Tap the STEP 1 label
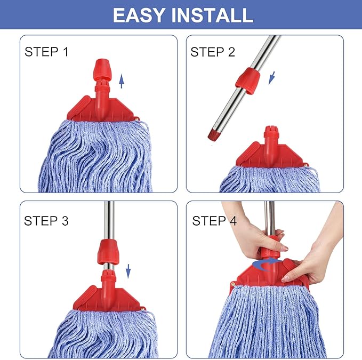coord(46,52)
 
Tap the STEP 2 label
coord(213,52)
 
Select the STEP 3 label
coord(46,221)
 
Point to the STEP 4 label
coord(214,221)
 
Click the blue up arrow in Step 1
coord(122,81)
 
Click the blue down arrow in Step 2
coord(271,78)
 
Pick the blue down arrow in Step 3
coord(128,271)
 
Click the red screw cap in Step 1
coord(101,70)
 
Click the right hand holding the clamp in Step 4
coord(312,256)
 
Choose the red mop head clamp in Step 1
coord(101,109)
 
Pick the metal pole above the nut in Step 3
coord(109,219)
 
